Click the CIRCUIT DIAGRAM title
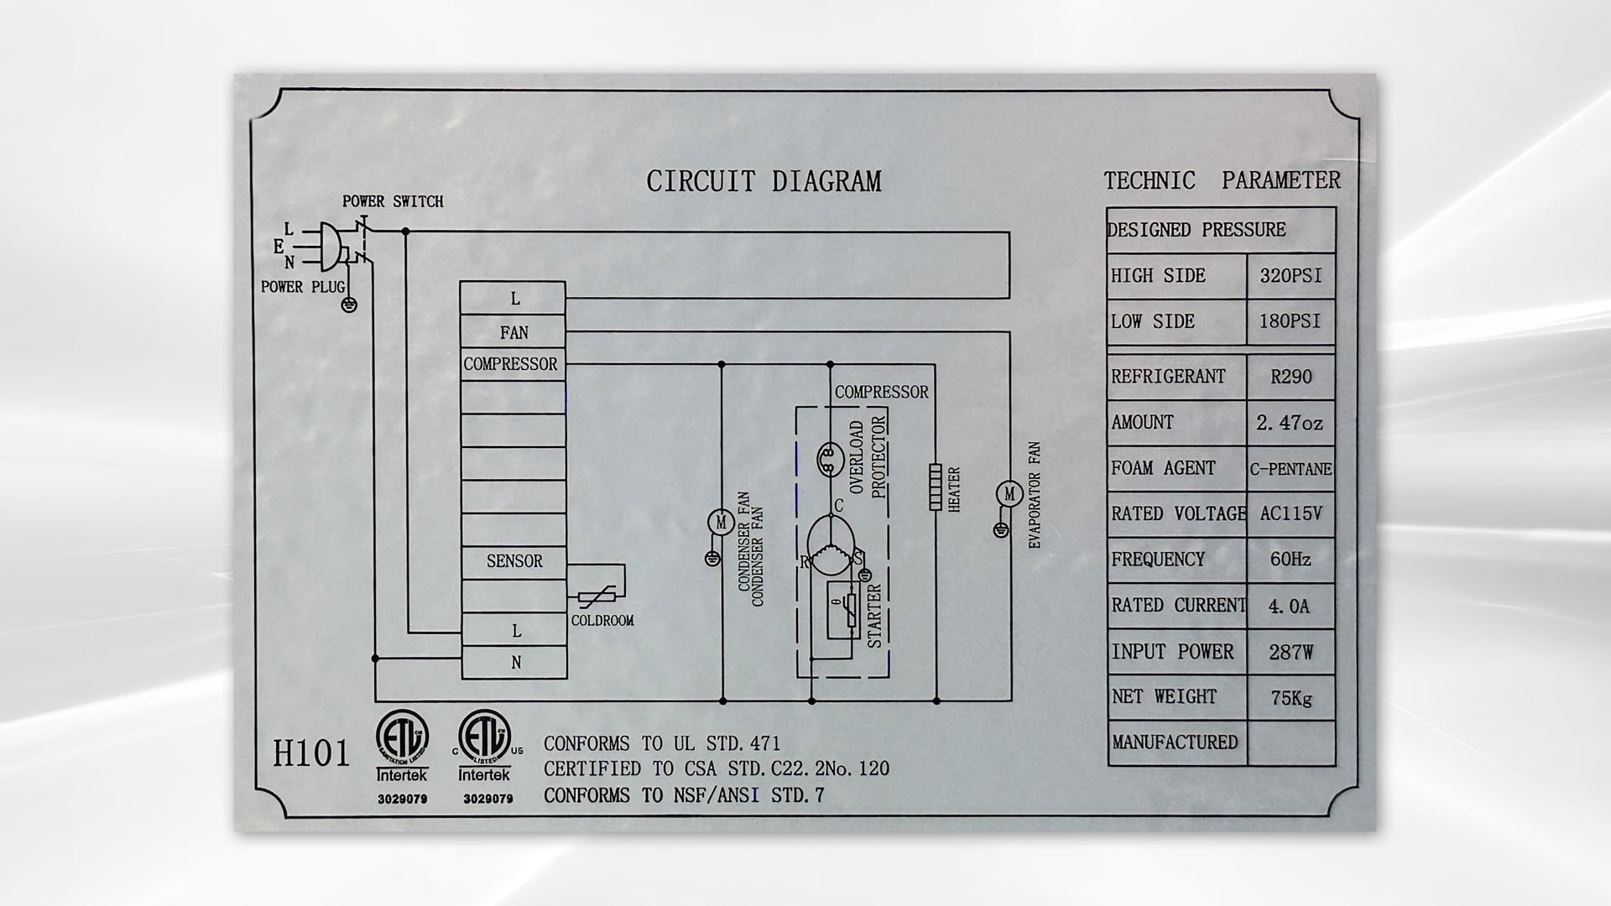pyautogui.click(x=764, y=181)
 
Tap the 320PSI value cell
pyautogui.click(x=1290, y=276)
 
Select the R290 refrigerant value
pyautogui.click(x=1290, y=377)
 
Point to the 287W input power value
pyautogui.click(x=1290, y=652)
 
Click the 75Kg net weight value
pyautogui.click(x=1290, y=697)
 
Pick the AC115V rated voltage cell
pyautogui.click(x=1290, y=513)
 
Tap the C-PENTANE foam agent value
pyautogui.click(x=1290, y=469)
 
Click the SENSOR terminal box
pyautogui.click(x=514, y=562)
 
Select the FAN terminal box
pyautogui.click(x=513, y=332)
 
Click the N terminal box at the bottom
pyautogui.click(x=514, y=663)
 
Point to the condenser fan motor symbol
pyautogui.click(x=720, y=523)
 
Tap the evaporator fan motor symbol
pyautogui.click(x=1009, y=494)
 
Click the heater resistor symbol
pyautogui.click(x=936, y=487)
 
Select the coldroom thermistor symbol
pyautogui.click(x=597, y=596)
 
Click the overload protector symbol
pyautogui.click(x=829, y=456)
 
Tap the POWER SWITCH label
pyautogui.click(x=393, y=202)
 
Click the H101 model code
pyautogui.click(x=311, y=752)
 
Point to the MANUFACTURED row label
pyautogui.click(x=1175, y=742)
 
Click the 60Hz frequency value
pyautogui.click(x=1290, y=560)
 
